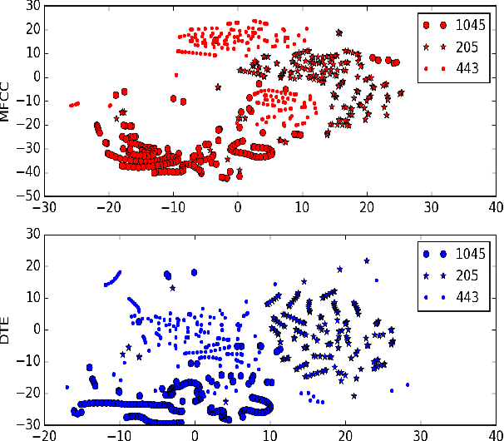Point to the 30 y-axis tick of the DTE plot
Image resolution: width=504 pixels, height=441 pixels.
click(x=32, y=235)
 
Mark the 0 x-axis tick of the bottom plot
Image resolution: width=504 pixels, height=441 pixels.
click(x=195, y=434)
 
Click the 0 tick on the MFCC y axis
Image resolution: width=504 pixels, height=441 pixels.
click(x=36, y=77)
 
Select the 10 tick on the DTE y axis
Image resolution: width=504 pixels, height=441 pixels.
click(x=32, y=298)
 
